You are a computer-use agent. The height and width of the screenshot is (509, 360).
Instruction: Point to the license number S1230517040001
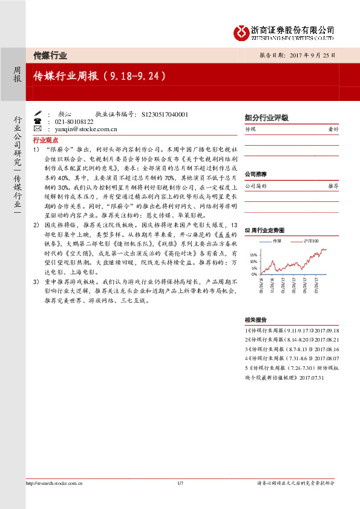tap(165, 114)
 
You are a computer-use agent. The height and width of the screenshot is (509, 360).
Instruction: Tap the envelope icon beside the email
tap(38, 129)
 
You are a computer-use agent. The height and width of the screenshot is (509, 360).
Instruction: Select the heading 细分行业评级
tap(266, 118)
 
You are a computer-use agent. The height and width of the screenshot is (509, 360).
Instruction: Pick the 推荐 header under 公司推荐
tap(333, 186)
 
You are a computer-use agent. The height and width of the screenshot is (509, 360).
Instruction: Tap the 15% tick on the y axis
tap(254, 256)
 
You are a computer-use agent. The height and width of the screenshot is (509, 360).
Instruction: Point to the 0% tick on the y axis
tap(255, 274)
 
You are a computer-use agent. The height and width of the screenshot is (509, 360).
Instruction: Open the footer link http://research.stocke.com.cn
tap(54, 482)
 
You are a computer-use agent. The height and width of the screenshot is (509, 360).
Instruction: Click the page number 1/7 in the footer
tap(180, 482)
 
